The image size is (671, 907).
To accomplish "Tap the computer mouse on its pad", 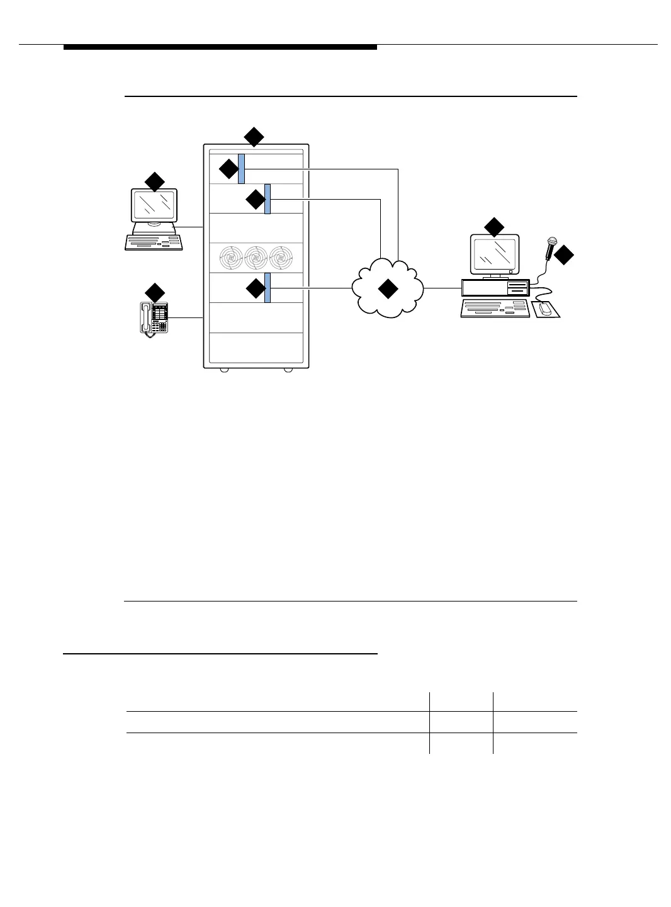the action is pyautogui.click(x=545, y=309).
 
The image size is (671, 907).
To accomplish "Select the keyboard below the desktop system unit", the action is pyautogui.click(x=495, y=308).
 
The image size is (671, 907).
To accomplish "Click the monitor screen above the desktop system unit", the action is pyautogui.click(x=494, y=254).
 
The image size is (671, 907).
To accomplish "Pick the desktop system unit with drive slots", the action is pyautogui.click(x=495, y=288).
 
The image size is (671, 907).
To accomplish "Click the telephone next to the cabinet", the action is pyautogui.click(x=155, y=318).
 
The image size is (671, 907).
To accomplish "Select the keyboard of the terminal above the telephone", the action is pyautogui.click(x=154, y=242).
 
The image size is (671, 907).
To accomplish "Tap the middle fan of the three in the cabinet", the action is pyautogui.click(x=256, y=257).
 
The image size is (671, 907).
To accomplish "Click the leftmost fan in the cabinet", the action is pyautogui.click(x=231, y=257).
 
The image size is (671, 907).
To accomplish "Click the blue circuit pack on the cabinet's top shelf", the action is pyautogui.click(x=241, y=168).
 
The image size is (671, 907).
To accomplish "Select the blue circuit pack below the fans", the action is pyautogui.click(x=268, y=288).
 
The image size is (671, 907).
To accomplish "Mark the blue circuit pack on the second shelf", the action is pyautogui.click(x=268, y=198).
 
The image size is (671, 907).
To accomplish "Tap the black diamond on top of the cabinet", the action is pyautogui.click(x=254, y=136).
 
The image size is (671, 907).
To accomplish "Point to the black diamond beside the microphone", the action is pyautogui.click(x=565, y=255).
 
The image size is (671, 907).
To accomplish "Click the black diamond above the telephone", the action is pyautogui.click(x=155, y=293).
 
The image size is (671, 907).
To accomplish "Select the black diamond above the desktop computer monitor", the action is pyautogui.click(x=494, y=227).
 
